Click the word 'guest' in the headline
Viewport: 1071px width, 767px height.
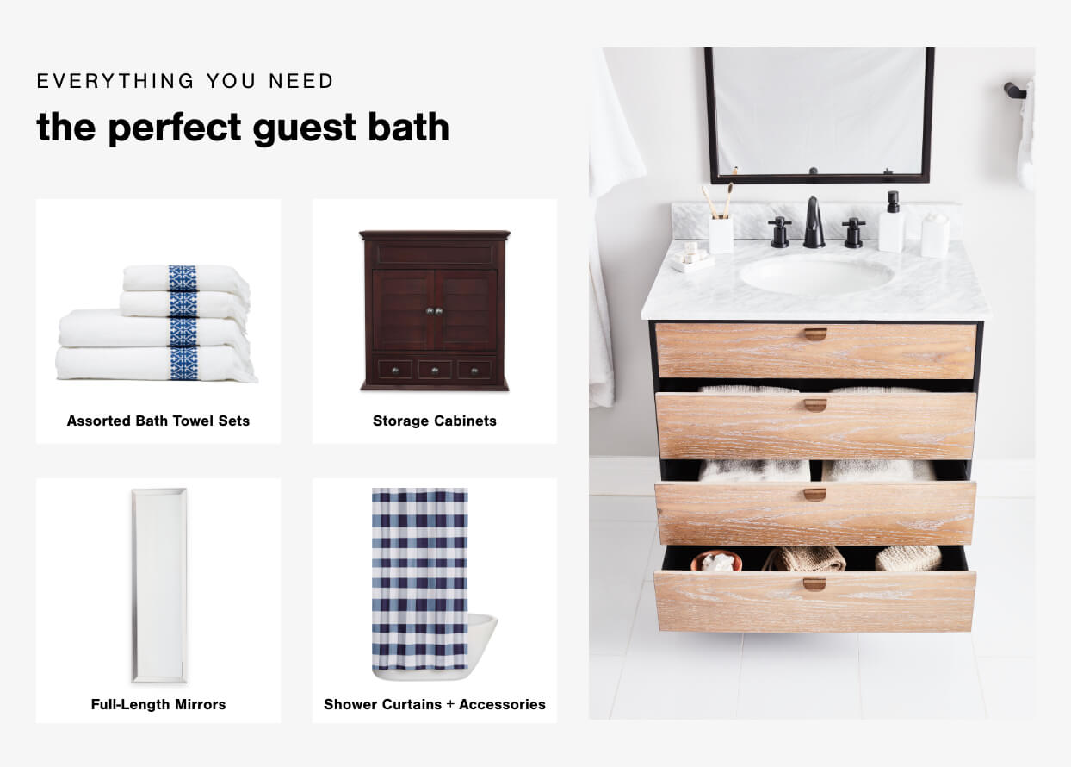(x=304, y=128)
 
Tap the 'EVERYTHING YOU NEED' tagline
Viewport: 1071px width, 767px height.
(x=185, y=81)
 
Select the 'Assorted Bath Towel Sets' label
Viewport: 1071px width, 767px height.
(x=158, y=421)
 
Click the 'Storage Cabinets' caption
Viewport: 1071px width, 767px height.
(x=435, y=421)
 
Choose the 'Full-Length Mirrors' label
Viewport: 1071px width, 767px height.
(x=158, y=704)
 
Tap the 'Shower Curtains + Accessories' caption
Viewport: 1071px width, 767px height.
(x=435, y=704)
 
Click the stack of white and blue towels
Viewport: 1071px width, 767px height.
(x=157, y=323)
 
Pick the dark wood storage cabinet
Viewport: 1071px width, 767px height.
(x=435, y=310)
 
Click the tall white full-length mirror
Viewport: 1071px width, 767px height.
(x=159, y=585)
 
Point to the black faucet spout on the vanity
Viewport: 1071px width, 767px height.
(x=814, y=221)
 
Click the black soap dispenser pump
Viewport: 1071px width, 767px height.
(x=893, y=202)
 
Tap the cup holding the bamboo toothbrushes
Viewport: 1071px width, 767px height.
(x=721, y=235)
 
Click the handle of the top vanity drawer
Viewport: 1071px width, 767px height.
(x=815, y=334)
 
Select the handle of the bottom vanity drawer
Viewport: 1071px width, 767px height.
(x=814, y=584)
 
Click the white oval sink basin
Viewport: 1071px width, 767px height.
(x=815, y=275)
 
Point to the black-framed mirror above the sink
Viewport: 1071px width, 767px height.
(x=819, y=115)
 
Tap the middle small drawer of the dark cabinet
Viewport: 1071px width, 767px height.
(x=435, y=370)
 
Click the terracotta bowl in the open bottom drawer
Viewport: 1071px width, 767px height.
(x=715, y=561)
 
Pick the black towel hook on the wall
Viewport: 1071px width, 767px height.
(x=1014, y=90)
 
